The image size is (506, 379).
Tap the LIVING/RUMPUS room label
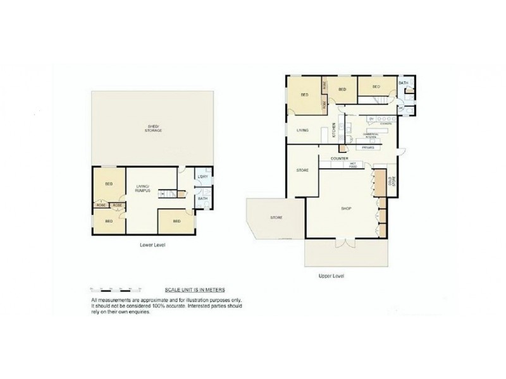coord(142,187)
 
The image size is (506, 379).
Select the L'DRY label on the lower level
coord(203,177)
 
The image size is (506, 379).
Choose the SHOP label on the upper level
coord(346,208)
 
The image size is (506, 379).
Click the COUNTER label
coord(340,159)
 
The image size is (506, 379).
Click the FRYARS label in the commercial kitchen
coord(367,147)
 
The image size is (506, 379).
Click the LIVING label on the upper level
coord(302,130)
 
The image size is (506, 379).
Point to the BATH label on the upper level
coord(404,83)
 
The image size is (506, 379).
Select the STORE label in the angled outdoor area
coord(276,217)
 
